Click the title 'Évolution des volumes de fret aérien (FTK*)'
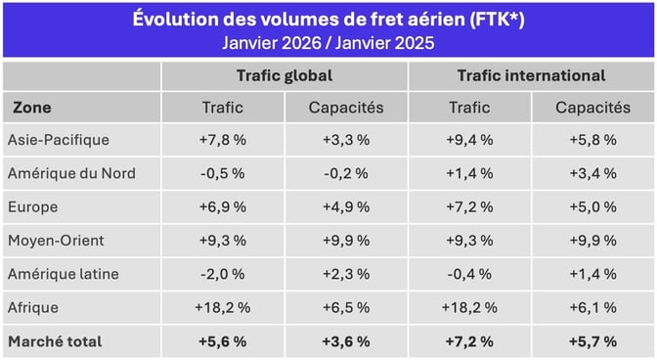[x=328, y=20]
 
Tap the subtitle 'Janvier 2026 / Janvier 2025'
[x=328, y=43]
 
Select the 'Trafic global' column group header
[x=285, y=75]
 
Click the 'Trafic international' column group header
[x=531, y=75]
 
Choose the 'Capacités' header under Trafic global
[x=346, y=108]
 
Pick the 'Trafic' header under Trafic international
[x=469, y=108]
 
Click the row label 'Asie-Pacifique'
[x=58, y=140]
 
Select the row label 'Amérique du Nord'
[x=70, y=173]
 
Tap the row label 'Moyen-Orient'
[x=56, y=241]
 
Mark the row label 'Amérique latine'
[x=64, y=274]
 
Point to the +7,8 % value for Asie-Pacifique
[x=223, y=140]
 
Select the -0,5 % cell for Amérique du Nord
[x=223, y=173]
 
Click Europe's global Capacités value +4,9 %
[x=346, y=207]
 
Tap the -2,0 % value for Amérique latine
[x=223, y=274]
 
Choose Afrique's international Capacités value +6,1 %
[x=592, y=307]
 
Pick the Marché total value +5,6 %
[x=223, y=341]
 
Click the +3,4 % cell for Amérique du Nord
[x=592, y=173]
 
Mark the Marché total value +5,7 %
[x=592, y=341]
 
